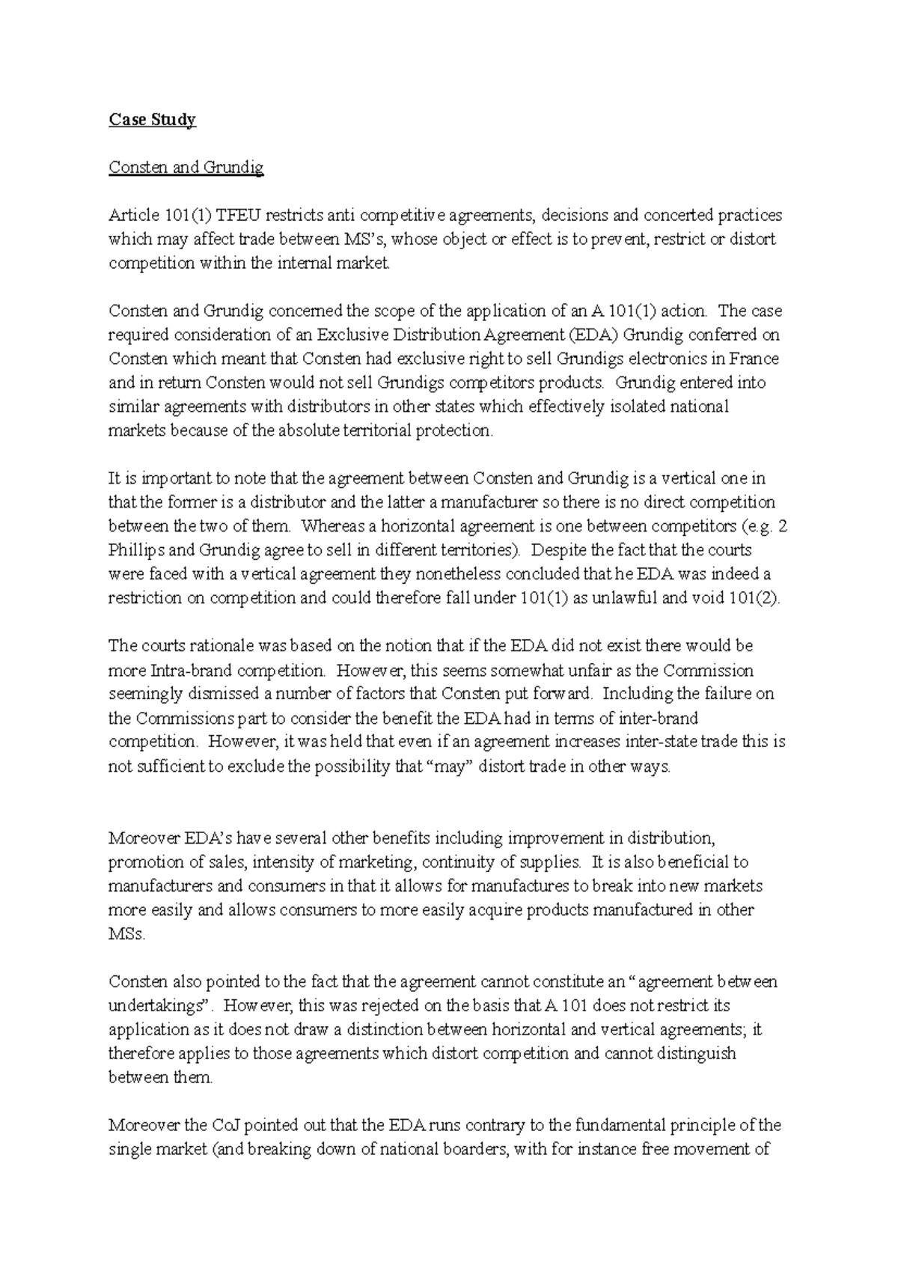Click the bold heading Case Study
coord(152,120)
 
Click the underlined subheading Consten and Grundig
coord(186,168)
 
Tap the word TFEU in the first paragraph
coord(239,216)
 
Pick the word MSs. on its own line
coord(127,934)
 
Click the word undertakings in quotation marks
coord(156,1005)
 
